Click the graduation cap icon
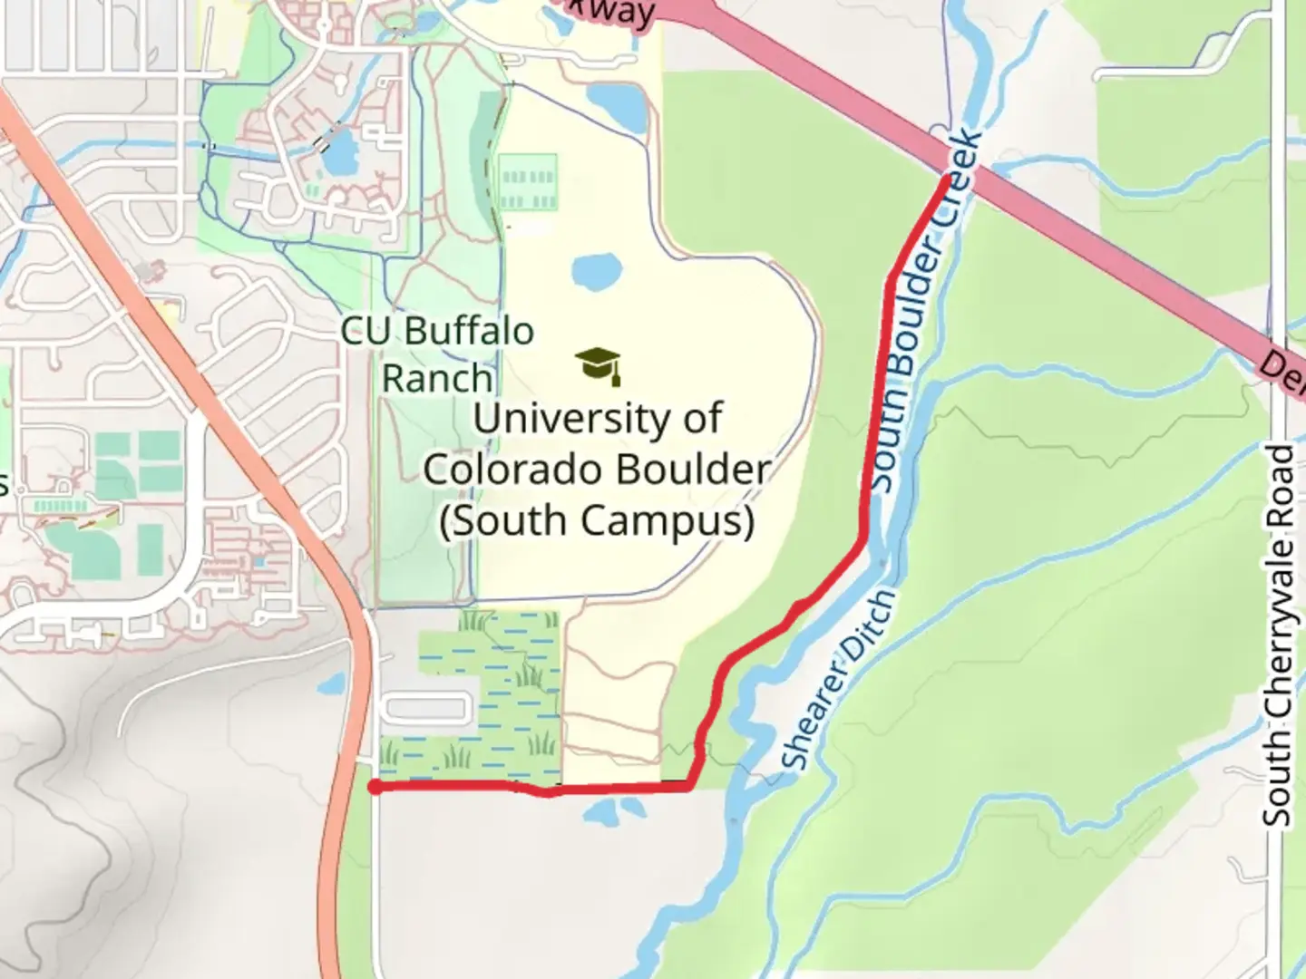click(599, 365)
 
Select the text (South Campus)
click(597, 521)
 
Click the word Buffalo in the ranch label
click(469, 331)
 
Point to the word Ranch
click(437, 378)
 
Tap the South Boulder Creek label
click(926, 313)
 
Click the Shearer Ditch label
click(838, 680)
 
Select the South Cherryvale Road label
click(1279, 635)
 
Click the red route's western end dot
click(374, 787)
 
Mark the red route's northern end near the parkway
click(948, 180)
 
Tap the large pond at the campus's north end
click(617, 105)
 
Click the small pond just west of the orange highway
click(331, 683)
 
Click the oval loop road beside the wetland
click(426, 708)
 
